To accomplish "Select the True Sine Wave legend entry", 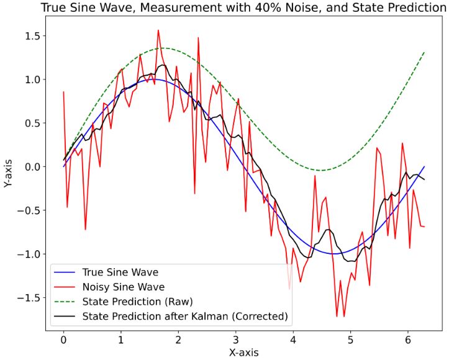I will pyautogui.click(x=120, y=272).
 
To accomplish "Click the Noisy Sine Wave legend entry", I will pyautogui.click(x=123, y=287).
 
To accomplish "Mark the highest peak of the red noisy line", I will pyautogui.click(x=158, y=30).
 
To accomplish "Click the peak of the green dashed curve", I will pyautogui.click(x=160, y=48).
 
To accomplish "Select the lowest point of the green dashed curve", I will pyautogui.click(x=320, y=170).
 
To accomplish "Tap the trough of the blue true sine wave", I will pyautogui.click(x=334, y=254).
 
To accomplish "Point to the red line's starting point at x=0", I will pyautogui.click(x=63, y=92).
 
